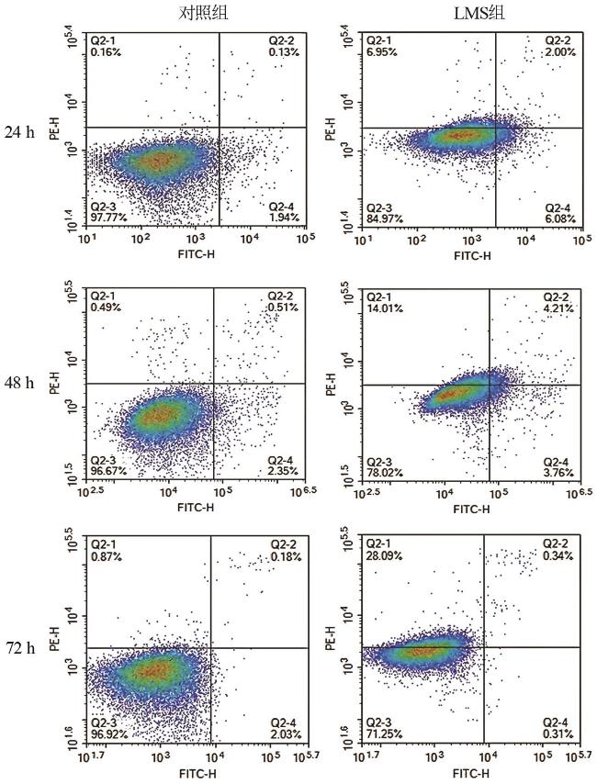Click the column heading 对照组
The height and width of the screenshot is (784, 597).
[x=203, y=13]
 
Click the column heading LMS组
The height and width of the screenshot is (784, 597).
[x=479, y=13]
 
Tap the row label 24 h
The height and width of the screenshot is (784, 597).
[x=20, y=132]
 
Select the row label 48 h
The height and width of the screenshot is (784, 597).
[x=20, y=383]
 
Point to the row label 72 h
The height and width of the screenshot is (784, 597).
[x=20, y=647]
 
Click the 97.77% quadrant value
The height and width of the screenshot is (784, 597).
[x=108, y=217]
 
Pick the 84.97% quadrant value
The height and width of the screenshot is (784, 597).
[x=385, y=218]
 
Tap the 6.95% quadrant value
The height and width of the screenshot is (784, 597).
[x=382, y=52]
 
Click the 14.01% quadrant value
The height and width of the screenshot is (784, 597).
[x=385, y=308]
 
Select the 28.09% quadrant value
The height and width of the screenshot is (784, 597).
[x=384, y=555]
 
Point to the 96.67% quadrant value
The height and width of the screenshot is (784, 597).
[x=108, y=471]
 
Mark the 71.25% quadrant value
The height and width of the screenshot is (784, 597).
[x=384, y=734]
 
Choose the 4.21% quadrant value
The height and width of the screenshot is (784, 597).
[x=558, y=308]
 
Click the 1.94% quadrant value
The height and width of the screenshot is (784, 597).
[x=284, y=217]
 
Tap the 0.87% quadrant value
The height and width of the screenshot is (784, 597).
[x=106, y=556]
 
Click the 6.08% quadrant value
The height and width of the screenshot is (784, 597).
[x=560, y=218]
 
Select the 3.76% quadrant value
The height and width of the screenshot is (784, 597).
[x=558, y=473]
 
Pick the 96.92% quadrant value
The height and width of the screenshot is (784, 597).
[x=108, y=734]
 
